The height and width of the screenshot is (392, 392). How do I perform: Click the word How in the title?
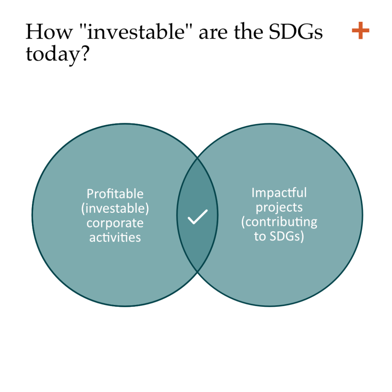coord(48,32)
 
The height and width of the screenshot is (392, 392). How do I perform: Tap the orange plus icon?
coord(360,30)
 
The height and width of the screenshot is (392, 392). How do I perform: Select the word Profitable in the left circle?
coord(115,194)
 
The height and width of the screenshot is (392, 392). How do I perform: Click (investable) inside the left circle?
coord(115,208)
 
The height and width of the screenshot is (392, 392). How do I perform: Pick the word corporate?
coord(115,223)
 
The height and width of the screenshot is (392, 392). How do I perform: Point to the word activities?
coord(115,237)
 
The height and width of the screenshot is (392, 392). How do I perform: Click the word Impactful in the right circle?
coord(279,193)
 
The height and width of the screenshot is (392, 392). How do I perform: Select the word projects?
coord(279,208)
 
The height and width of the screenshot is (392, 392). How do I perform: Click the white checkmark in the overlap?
coord(198,217)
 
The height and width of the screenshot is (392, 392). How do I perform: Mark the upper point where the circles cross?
coord(198,158)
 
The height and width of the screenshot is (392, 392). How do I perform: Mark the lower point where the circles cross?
coord(198,271)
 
